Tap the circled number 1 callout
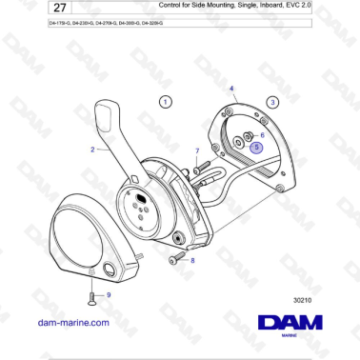coord(166,101)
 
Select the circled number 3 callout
coord(272,101)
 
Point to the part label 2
coord(93,150)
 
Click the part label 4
coord(232,88)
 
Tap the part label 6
coord(263,136)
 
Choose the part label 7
coord(197,150)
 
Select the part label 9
coord(108,295)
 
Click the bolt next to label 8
coord(174,259)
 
